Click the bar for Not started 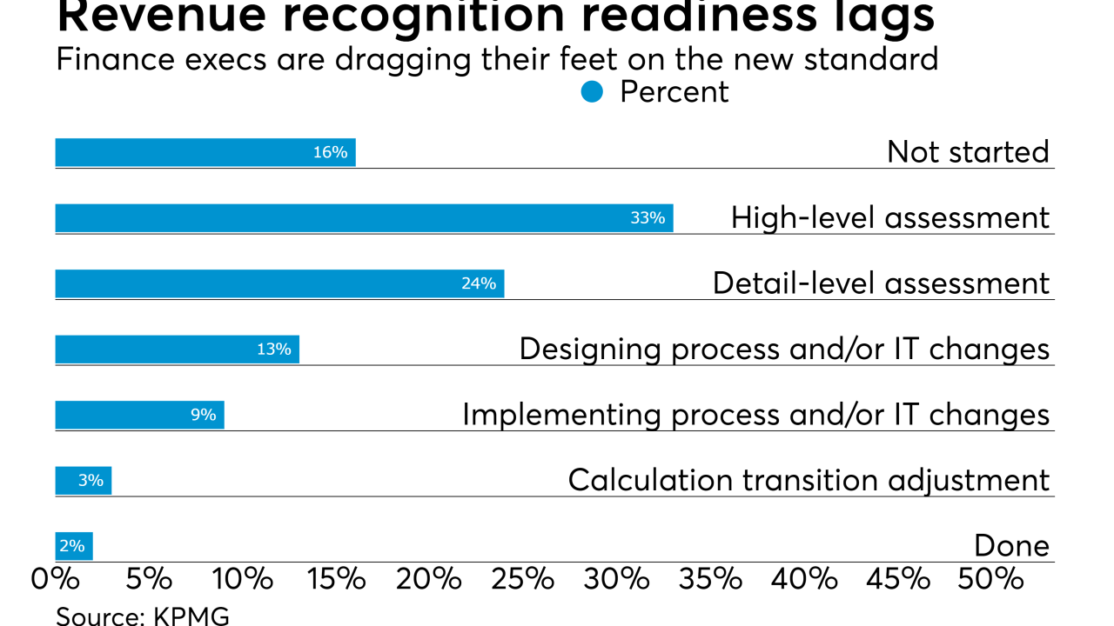205,152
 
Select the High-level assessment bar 364,218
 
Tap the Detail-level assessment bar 279,283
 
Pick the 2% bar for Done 74,546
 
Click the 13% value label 273,350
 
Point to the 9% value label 204,415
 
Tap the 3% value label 91,480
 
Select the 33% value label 648,218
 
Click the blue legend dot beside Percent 592,92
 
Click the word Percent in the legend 674,92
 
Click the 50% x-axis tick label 998,579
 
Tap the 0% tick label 56,579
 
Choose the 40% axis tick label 810,579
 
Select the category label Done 1011,546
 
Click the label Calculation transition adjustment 809,480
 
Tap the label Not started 968,152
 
